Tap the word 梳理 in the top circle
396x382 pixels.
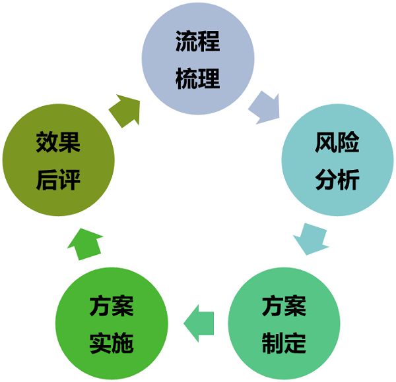pos(198,79)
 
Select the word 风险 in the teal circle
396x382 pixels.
pos(337,144)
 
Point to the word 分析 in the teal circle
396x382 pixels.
pos(337,179)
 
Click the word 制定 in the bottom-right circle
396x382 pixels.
pos(284,343)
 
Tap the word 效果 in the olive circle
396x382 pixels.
pos(58,144)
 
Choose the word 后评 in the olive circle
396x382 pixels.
pos(58,179)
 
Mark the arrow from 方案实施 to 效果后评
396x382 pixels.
pos(84,244)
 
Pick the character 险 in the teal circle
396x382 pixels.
pos(348,144)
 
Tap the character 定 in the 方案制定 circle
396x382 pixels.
pos(295,343)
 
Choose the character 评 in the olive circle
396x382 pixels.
pos(69,179)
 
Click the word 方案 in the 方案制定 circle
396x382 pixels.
pos(284,307)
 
